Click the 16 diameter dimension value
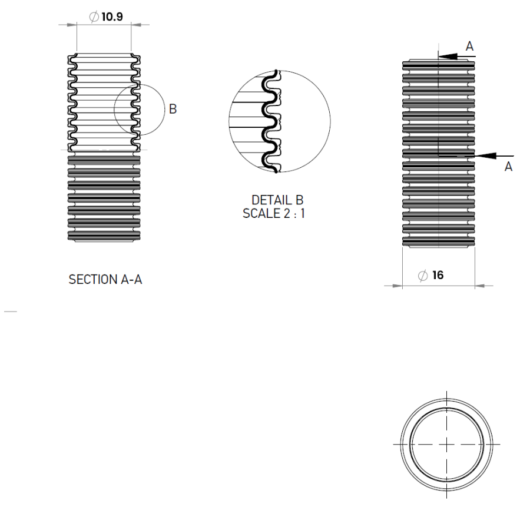pyautogui.click(x=438, y=276)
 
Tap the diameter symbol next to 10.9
pyautogui.click(x=94, y=17)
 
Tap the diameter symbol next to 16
pyautogui.click(x=422, y=276)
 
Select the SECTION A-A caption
pyautogui.click(x=105, y=280)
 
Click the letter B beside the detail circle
pyautogui.click(x=173, y=109)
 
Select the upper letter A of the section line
pyautogui.click(x=469, y=45)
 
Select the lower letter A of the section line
pyautogui.click(x=508, y=167)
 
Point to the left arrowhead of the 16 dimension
pyautogui.click(x=394, y=286)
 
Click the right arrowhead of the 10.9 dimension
pyautogui.click(x=140, y=24)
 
